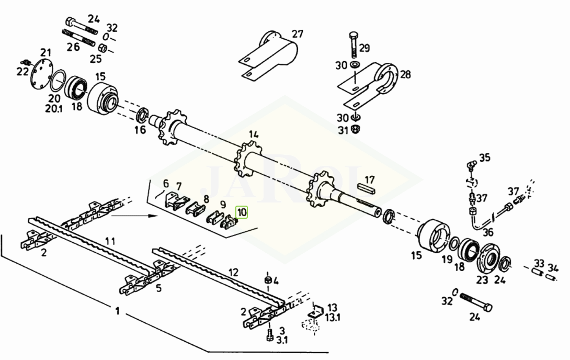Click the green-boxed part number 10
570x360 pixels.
coord(242,212)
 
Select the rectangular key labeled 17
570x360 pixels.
coord(367,188)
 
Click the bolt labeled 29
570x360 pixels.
coord(354,45)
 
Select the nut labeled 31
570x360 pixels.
coord(355,129)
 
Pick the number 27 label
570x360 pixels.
coord(298,34)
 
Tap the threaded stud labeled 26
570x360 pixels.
coord(78,38)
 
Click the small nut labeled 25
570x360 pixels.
coord(102,48)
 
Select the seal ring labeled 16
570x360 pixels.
coord(142,115)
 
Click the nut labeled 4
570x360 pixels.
coord(268,280)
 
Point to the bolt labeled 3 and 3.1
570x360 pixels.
coord(269,335)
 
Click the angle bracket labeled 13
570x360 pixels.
coord(316,312)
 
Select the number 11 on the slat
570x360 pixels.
coord(110,241)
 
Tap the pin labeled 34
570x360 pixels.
coord(550,278)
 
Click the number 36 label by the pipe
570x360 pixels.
coord(488,232)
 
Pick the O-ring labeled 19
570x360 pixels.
coord(454,244)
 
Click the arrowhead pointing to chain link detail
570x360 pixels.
coord(154,216)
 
